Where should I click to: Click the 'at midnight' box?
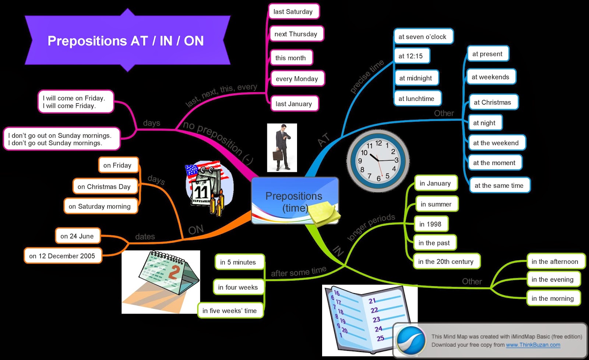tap(416, 78)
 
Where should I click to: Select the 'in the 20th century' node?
tap(446, 262)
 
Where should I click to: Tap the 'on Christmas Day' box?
tap(104, 187)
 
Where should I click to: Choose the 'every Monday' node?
tap(297, 79)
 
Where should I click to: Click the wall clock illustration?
tap(378, 160)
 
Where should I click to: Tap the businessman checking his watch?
tap(282, 147)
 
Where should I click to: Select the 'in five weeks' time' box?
tap(230, 311)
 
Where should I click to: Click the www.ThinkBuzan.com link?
tap(533, 345)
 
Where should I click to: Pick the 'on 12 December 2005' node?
tap(62, 256)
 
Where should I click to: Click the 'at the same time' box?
tap(499, 186)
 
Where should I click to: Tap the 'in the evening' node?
tap(553, 279)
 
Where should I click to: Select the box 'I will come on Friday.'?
tap(75, 102)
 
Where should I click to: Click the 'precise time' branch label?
tap(367, 77)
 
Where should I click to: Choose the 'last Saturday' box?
tap(293, 12)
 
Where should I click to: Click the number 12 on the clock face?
tap(379, 143)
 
